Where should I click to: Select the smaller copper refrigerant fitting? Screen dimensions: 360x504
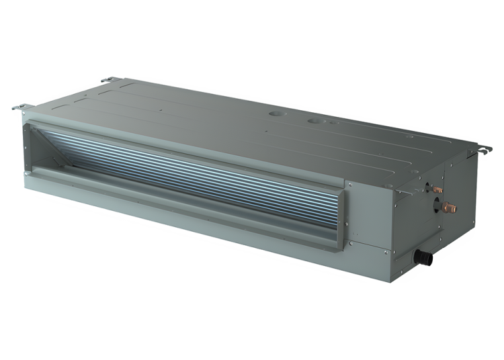(x=439, y=190)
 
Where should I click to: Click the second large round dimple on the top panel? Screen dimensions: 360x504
(x=315, y=122)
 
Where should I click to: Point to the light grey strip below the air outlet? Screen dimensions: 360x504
(x=168, y=208)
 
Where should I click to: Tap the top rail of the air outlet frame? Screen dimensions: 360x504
(x=188, y=138)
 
